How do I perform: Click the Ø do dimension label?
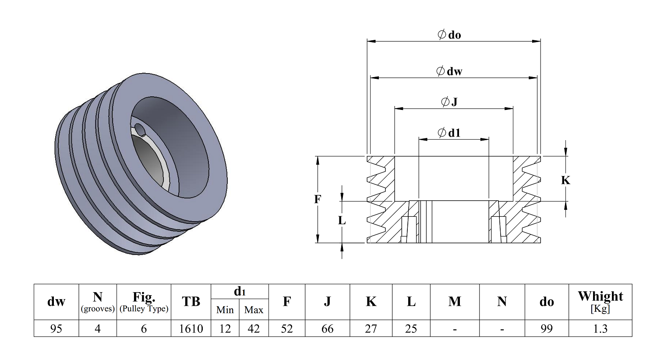coord(449,35)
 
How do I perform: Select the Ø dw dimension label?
coord(449,71)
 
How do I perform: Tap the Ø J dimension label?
coord(449,102)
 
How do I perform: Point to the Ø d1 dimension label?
coord(449,133)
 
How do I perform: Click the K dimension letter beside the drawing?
coord(565,180)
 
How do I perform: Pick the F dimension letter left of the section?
coord(318,199)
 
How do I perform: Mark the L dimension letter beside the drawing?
coord(342,220)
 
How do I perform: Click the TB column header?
coord(191,302)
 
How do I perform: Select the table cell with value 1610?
coord(191,328)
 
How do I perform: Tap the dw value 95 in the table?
coord(56,328)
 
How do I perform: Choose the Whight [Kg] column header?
coord(600,302)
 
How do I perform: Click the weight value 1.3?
coord(600,328)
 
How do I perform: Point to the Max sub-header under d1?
coord(254,310)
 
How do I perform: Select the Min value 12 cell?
coord(225,328)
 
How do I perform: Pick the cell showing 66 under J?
coord(327,328)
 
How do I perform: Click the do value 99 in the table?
coord(547,328)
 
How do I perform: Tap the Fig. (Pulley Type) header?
coord(144,302)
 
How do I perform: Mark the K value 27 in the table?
coord(371,328)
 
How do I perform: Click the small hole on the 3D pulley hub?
coord(140,129)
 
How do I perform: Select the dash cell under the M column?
coord(455,328)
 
